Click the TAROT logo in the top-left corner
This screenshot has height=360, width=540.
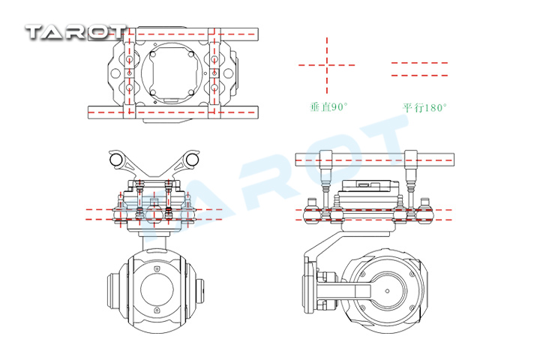(76, 32)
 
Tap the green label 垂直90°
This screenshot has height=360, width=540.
(329, 107)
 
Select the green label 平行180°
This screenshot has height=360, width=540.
(424, 108)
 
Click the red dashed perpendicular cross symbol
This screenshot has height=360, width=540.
(327, 64)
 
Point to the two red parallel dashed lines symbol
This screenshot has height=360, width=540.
(419, 69)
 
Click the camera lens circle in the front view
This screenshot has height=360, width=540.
(157, 289)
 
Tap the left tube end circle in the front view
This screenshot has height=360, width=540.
(115, 159)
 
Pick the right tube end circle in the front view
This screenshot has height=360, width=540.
(192, 159)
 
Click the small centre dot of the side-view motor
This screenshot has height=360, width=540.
(388, 291)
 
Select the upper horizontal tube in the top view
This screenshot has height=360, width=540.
(173, 34)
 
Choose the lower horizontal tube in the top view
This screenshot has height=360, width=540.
(173, 112)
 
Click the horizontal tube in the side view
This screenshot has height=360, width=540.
(375, 160)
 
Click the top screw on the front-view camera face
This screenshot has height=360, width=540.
(157, 268)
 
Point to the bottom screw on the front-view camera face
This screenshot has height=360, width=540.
(157, 310)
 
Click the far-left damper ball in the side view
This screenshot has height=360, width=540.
(312, 215)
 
